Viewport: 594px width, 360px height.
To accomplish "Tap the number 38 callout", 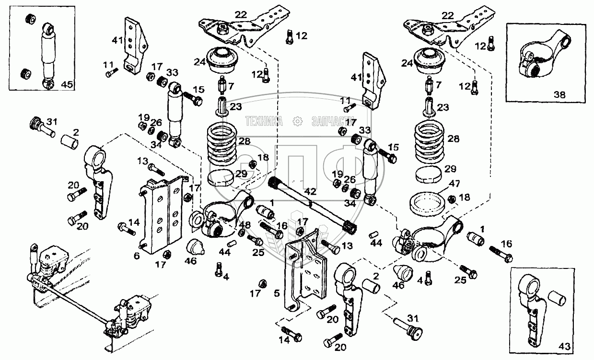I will point(559,95).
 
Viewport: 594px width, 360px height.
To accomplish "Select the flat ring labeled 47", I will point(427,203).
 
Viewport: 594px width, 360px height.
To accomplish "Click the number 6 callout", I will point(137,256).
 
